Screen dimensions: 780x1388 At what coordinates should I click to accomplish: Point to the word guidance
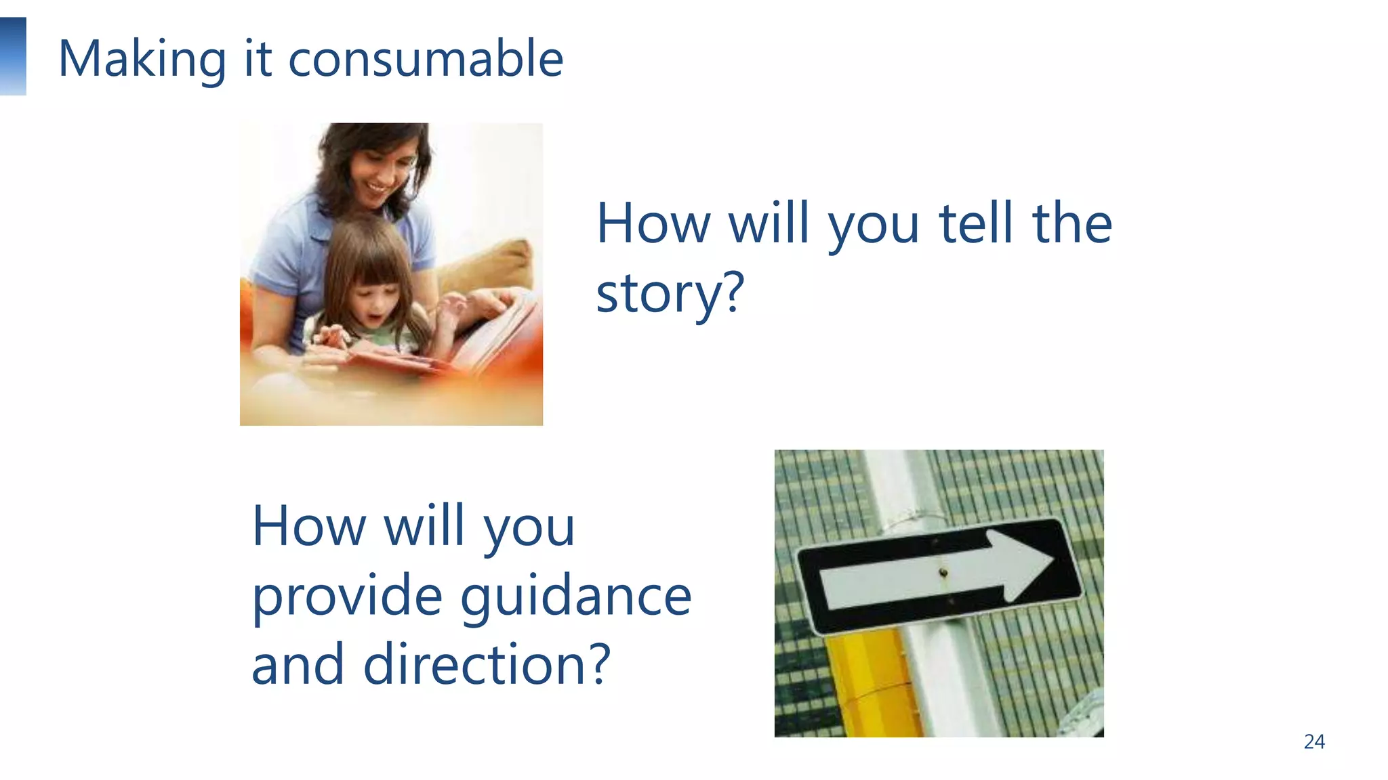(576, 597)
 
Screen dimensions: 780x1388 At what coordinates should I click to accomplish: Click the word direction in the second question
(472, 665)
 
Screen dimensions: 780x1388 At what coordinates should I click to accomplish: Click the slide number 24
(1314, 741)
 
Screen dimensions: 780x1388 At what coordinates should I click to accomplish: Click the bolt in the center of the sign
(943, 573)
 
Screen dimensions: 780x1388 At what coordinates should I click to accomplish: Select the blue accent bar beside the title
(13, 56)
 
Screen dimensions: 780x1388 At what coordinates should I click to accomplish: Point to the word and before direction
(298, 665)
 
